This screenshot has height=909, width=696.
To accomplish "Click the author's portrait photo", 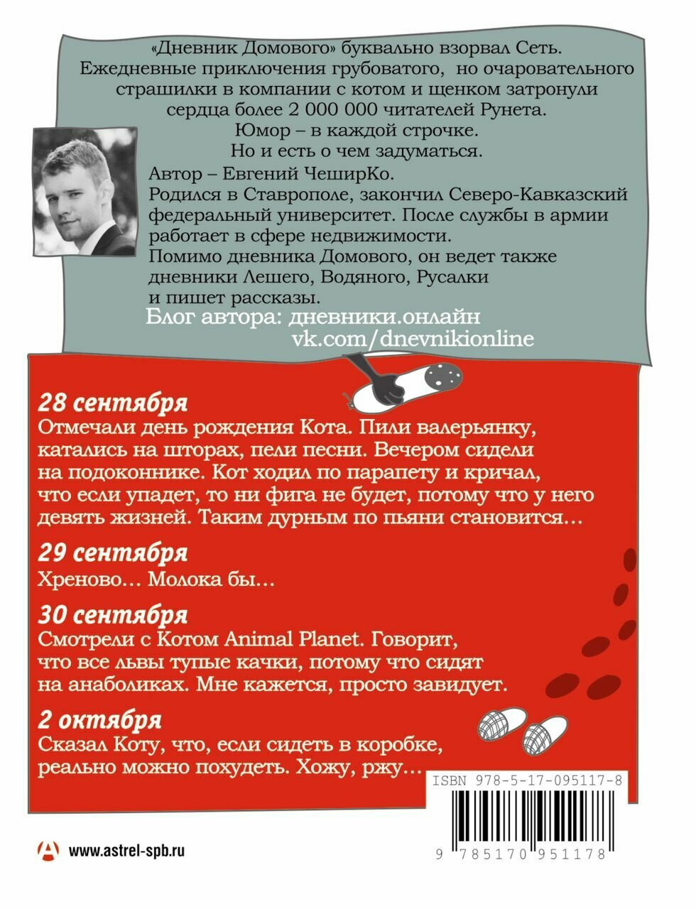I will pyautogui.click(x=84, y=191).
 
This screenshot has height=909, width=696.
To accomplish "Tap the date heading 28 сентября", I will pyautogui.click(x=112, y=403).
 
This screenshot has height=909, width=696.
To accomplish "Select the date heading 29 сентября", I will pyautogui.click(x=112, y=552).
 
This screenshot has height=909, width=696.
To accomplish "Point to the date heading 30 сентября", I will pyautogui.click(x=112, y=614).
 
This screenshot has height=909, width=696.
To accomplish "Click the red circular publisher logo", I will pyautogui.click(x=49, y=850).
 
